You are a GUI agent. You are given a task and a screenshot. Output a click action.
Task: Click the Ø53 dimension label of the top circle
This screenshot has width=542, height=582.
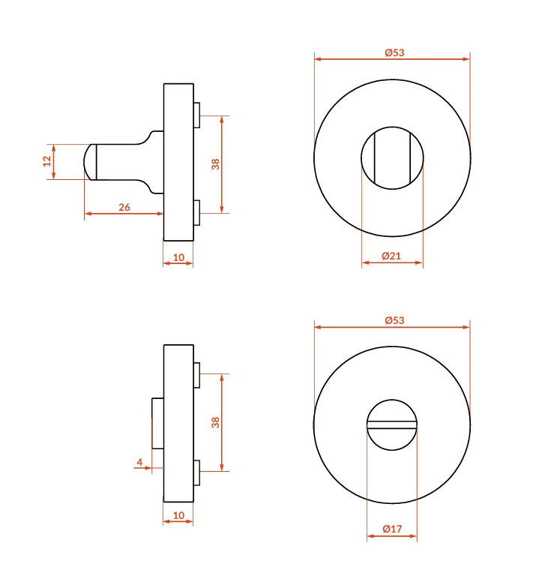click(394, 52)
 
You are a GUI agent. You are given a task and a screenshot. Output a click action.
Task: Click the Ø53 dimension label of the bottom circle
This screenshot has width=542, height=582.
click(394, 320)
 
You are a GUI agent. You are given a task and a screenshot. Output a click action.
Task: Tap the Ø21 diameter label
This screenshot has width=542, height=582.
click(391, 256)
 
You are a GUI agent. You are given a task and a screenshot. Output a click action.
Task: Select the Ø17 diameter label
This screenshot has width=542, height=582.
click(392, 529)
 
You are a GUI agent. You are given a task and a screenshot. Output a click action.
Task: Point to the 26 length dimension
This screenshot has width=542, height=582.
click(124, 207)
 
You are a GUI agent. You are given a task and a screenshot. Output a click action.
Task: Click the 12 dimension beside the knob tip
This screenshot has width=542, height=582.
click(46, 161)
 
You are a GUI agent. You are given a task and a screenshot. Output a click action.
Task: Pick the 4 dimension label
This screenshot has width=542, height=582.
click(139, 462)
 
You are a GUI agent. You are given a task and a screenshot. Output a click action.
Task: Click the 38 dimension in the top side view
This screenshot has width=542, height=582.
click(216, 164)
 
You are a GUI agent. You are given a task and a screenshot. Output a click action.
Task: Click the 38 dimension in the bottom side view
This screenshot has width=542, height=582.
click(216, 422)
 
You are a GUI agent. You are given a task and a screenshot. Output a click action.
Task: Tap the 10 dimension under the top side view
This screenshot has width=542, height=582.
click(178, 257)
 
